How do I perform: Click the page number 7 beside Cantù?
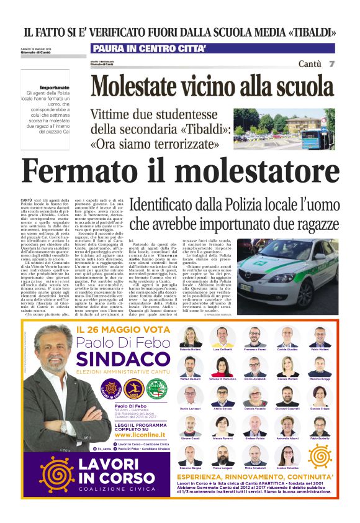click(331, 64)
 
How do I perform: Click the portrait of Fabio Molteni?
click(320, 337)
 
